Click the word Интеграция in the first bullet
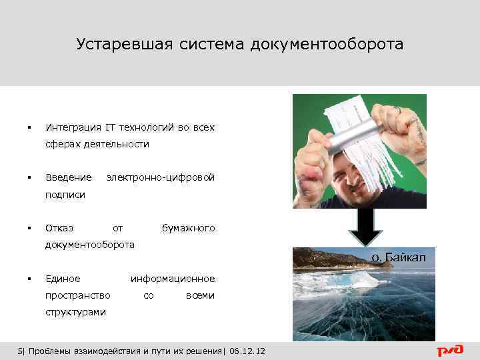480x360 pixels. (73, 127)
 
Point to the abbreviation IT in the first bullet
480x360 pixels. (110, 127)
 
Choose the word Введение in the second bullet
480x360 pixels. (68, 177)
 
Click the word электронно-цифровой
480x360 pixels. (161, 177)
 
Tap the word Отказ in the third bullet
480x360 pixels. (59, 228)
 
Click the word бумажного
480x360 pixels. (188, 228)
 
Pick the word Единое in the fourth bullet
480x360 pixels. (63, 278)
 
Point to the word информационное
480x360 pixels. (173, 278)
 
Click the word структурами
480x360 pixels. (75, 311)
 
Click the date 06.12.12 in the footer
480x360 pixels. (247, 351)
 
